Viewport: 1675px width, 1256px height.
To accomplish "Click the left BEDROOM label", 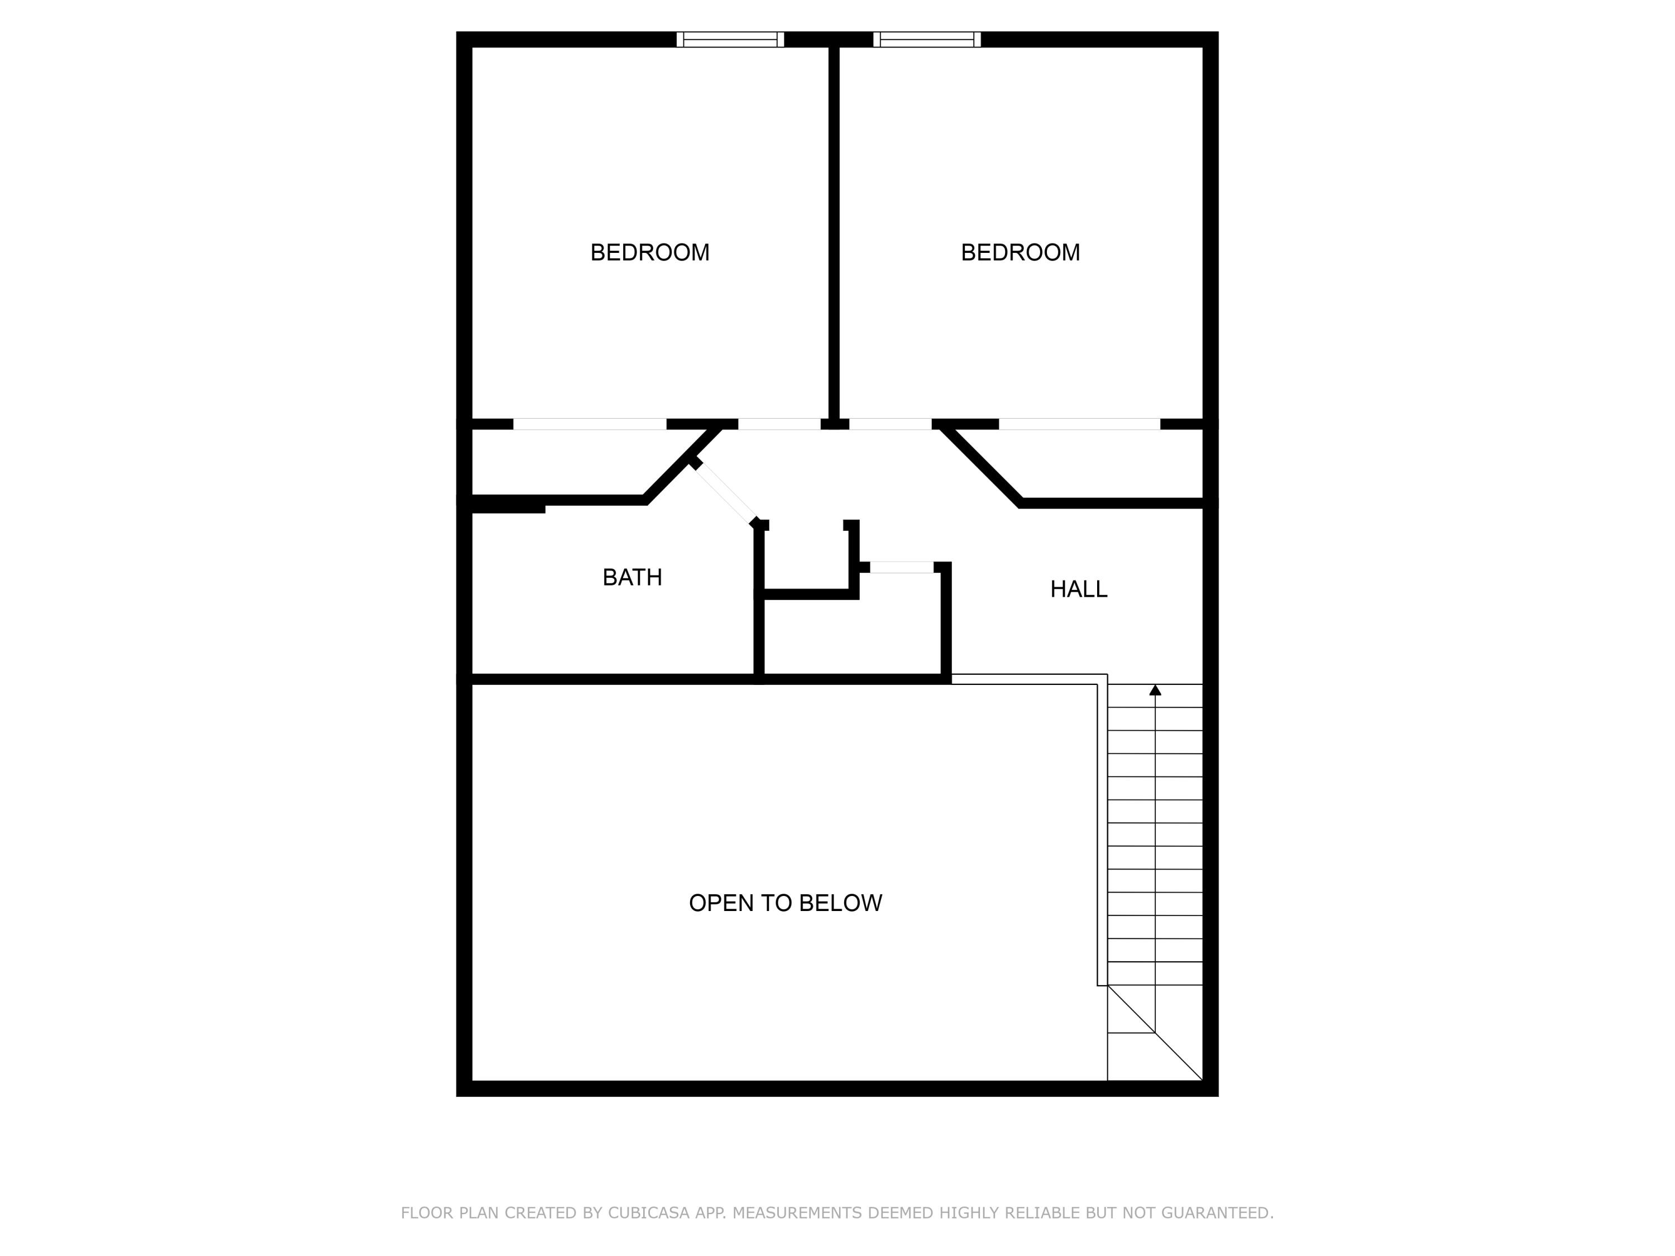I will click(x=650, y=252).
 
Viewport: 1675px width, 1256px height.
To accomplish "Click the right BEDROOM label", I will click(x=1020, y=252).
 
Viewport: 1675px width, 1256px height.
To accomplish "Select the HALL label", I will click(x=1078, y=589).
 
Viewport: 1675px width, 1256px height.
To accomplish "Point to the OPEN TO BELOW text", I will click(x=785, y=903).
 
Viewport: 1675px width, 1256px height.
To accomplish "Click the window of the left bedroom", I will click(x=730, y=40).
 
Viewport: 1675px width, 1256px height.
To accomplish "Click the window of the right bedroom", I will click(x=927, y=40).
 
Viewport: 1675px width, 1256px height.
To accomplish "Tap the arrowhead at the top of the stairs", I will click(x=1155, y=690).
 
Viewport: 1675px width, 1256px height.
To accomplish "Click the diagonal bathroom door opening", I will click(x=725, y=492).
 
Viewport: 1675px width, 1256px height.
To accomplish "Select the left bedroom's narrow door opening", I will click(x=779, y=424).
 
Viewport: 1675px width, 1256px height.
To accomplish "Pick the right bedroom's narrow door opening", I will click(x=890, y=424).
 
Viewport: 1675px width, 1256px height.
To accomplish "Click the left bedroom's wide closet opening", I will click(x=590, y=424).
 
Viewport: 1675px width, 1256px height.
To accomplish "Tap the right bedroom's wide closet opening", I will click(x=1079, y=424).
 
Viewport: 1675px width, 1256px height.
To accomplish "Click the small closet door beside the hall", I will click(x=901, y=567).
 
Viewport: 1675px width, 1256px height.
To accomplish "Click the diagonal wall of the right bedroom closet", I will click(x=982, y=465).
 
